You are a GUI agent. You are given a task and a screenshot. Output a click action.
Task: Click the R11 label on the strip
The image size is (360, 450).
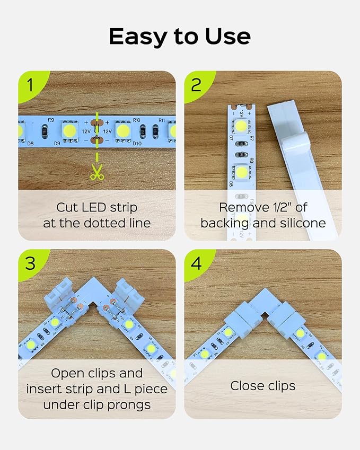point(162,120)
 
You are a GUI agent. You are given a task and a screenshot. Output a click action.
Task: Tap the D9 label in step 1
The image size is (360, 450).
point(57,143)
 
